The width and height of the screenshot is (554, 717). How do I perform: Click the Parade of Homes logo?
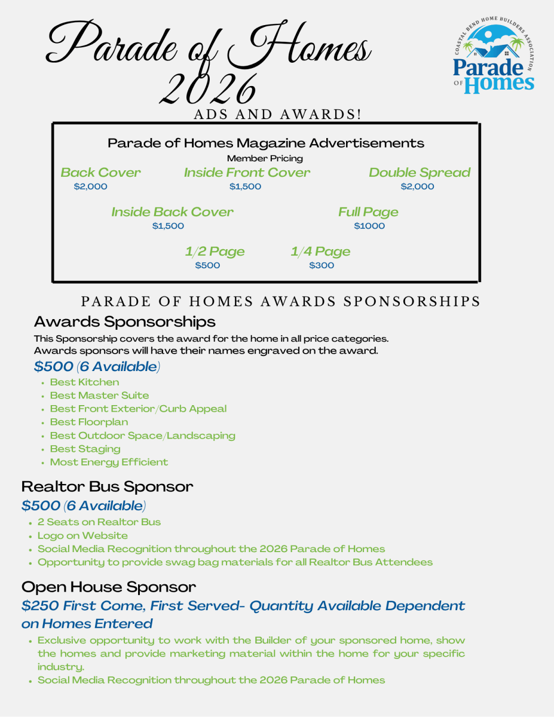click(494, 59)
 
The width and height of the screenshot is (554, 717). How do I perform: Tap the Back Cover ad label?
click(100, 173)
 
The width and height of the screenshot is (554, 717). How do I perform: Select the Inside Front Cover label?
click(247, 173)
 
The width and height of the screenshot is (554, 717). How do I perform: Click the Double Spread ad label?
click(419, 173)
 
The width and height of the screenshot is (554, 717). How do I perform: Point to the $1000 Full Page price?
click(369, 226)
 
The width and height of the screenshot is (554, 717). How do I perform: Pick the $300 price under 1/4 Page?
click(322, 265)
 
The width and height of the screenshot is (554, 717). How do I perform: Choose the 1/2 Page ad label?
click(215, 252)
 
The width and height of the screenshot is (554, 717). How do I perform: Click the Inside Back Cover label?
click(172, 212)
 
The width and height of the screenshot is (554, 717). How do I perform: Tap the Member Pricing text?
click(265, 158)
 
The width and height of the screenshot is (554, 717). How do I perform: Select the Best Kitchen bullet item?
click(84, 382)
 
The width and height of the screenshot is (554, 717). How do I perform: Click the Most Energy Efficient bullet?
click(109, 462)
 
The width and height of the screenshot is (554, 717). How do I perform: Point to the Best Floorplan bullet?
click(89, 422)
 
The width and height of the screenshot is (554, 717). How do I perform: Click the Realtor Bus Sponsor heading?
click(107, 486)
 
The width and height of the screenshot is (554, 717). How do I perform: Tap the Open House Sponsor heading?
click(108, 586)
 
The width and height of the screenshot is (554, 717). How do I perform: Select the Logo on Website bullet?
click(82, 535)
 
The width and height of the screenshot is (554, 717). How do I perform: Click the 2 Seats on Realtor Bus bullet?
click(99, 522)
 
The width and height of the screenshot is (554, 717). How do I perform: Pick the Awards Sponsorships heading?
click(124, 321)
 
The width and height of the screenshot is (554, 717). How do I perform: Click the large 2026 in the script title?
click(207, 88)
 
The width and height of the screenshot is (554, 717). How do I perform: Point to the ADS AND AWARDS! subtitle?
click(277, 114)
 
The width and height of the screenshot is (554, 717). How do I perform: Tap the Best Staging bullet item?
click(85, 449)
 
